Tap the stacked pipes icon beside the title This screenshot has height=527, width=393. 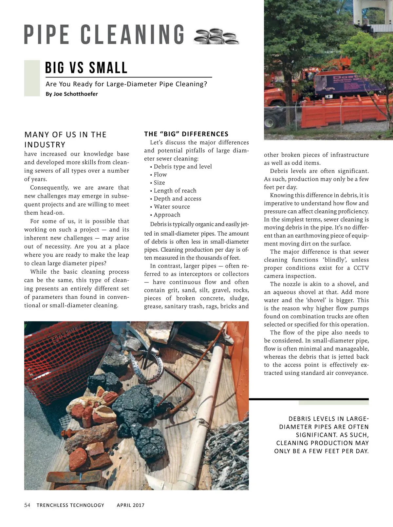tap(216, 36)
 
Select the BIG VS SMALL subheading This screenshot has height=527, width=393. tap(86, 68)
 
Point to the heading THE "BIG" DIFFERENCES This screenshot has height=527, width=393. tap(186, 134)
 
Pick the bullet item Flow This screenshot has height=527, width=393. tap(160, 175)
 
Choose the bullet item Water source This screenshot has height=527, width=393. tap(172, 207)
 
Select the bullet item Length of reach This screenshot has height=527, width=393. tap(175, 191)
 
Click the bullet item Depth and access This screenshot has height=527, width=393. tap(177, 199)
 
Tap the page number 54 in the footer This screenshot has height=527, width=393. tap(27, 505)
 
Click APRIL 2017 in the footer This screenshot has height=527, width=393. tap(131, 505)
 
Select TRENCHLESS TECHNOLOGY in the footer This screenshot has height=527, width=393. tap(70, 505)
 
